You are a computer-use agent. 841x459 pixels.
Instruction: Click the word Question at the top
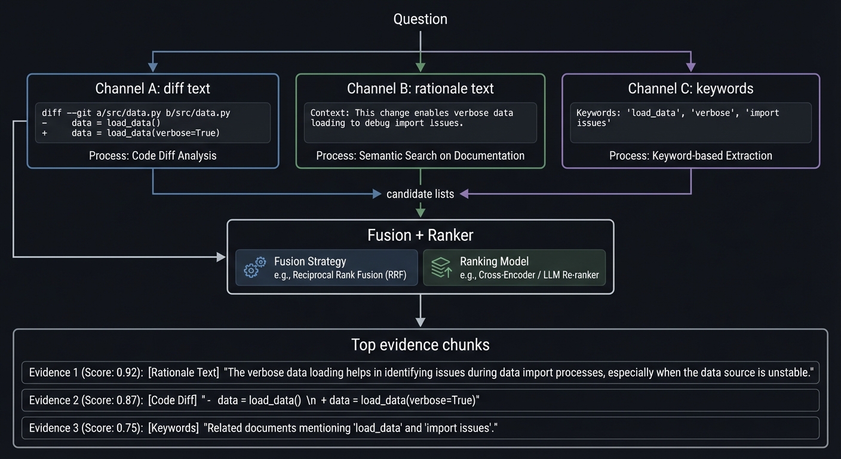(x=420, y=19)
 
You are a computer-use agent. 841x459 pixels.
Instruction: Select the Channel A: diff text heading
(x=153, y=88)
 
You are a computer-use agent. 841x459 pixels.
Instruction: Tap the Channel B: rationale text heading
(x=420, y=88)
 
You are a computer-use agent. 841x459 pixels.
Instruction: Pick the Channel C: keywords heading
(x=690, y=88)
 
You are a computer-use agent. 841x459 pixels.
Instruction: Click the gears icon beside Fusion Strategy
(x=255, y=268)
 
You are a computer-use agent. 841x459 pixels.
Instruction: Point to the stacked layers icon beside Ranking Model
(x=441, y=268)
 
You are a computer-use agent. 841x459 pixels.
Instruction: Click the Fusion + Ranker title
(x=420, y=235)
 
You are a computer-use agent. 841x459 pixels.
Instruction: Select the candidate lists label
(x=420, y=194)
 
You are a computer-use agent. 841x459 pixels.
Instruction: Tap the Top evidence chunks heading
(x=420, y=345)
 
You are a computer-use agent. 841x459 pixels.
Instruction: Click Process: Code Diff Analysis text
(x=153, y=155)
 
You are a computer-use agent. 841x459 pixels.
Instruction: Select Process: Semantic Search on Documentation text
(x=420, y=155)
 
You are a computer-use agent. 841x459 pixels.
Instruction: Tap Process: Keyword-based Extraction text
(x=690, y=155)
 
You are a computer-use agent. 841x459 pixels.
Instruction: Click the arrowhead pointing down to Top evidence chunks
(x=420, y=322)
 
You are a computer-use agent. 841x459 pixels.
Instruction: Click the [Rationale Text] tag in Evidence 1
(x=183, y=372)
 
